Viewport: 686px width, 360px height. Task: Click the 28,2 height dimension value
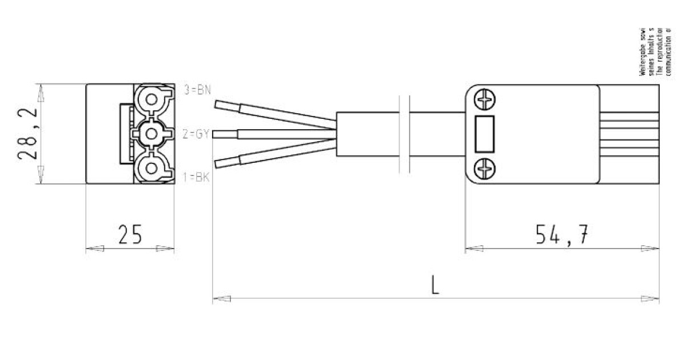click(28, 134)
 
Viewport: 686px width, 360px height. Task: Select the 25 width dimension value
click(130, 234)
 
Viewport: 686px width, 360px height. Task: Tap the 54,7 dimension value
click(562, 234)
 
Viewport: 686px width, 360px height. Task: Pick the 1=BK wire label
click(196, 177)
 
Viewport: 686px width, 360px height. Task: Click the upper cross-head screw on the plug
click(485, 101)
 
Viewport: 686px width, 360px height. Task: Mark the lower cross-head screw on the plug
click(485, 169)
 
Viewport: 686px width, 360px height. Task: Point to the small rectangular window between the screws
click(485, 134)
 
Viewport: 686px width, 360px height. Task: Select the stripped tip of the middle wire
click(224, 134)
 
